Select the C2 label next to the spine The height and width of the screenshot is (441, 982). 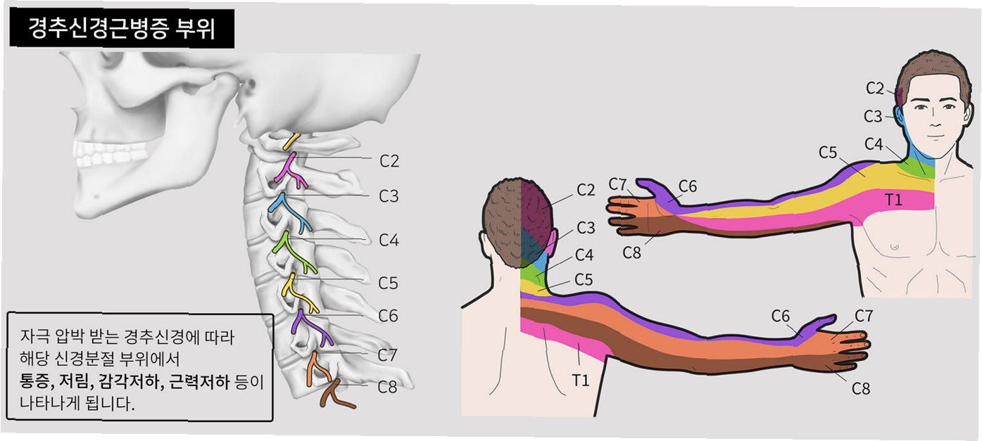click(389, 161)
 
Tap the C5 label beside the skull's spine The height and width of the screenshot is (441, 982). click(388, 283)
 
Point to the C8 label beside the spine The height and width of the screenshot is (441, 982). click(388, 386)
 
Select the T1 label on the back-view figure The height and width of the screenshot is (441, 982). click(580, 381)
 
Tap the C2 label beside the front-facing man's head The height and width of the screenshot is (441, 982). click(875, 88)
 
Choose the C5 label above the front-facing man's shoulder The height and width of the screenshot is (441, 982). click(828, 151)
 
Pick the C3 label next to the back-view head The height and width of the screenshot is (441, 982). click(586, 228)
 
